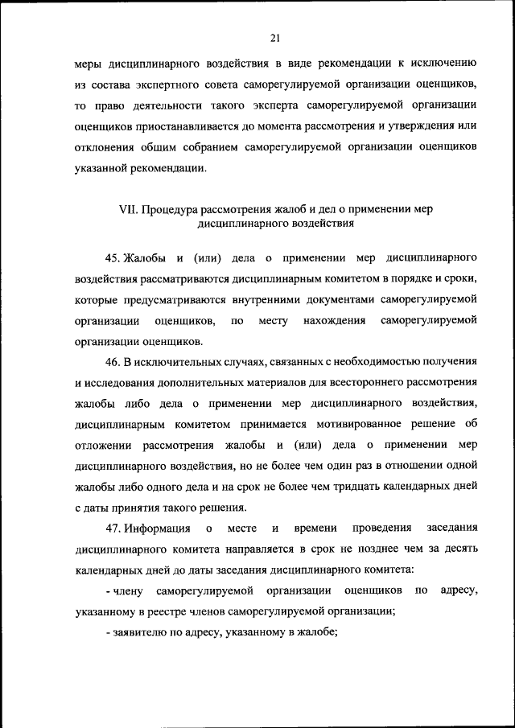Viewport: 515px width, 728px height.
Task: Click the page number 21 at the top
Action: [x=275, y=37]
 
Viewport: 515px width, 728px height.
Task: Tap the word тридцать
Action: [x=352, y=487]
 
